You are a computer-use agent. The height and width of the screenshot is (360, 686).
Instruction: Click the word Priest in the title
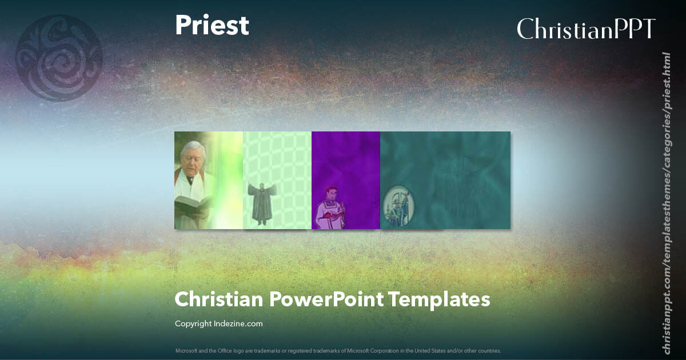pyautogui.click(x=212, y=26)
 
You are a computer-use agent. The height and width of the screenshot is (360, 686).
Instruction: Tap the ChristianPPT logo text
pyautogui.click(x=586, y=29)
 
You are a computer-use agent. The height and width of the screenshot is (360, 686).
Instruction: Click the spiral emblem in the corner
pyautogui.click(x=59, y=58)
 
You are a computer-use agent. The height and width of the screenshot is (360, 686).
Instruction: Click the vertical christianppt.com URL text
pyautogui.click(x=666, y=203)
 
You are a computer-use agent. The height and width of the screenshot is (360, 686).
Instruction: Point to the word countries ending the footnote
pyautogui.click(x=490, y=350)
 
